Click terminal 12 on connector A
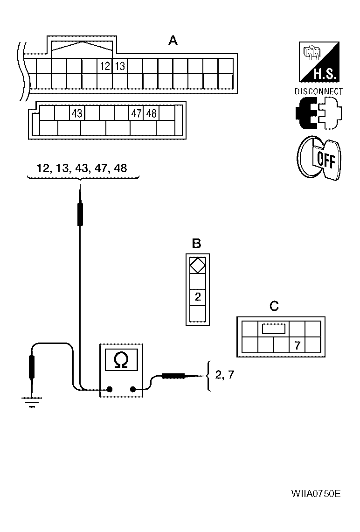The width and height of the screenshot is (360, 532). point(105,66)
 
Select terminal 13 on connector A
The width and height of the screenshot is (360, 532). point(120,66)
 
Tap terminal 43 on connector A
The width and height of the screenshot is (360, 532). point(77,113)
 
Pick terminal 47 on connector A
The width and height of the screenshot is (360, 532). point(136,113)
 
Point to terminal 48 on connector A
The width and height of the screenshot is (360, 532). point(151,113)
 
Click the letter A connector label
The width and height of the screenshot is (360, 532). point(173,42)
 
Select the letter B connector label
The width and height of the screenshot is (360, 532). point(197,243)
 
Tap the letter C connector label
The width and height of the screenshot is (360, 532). point(274,306)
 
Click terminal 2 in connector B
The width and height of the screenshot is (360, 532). point(198,297)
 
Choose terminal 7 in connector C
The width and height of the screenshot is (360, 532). point(297,346)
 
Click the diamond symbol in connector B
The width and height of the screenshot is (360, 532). point(198,266)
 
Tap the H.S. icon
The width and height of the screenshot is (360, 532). point(318,62)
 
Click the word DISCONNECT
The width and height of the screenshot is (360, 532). point(318,92)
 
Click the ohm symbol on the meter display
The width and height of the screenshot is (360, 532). point(121,359)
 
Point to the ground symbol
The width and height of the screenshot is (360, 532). point(32,400)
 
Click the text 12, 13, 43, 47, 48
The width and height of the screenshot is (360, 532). point(82,168)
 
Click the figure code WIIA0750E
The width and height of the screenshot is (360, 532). point(316,494)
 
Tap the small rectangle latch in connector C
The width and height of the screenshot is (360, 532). point(273,329)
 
